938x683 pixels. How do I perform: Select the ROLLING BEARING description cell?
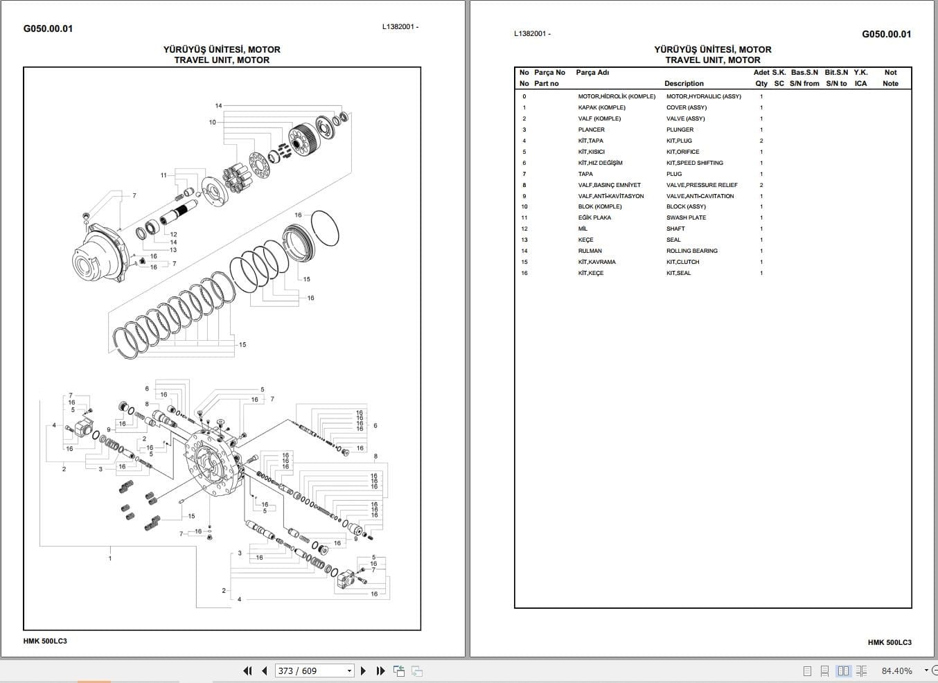coord(691,251)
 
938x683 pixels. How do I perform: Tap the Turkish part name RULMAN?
coord(590,251)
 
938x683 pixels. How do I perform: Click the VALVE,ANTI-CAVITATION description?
coord(700,196)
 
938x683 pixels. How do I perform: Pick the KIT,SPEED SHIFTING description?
coord(694,163)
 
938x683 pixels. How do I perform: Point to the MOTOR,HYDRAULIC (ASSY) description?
coord(703,96)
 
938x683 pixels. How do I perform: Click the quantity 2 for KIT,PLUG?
coord(761,141)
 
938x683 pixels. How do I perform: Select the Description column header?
coord(684,83)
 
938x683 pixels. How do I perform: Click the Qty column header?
coord(761,83)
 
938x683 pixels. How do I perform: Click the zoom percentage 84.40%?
coord(896,671)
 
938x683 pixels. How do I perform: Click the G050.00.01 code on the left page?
coord(48,28)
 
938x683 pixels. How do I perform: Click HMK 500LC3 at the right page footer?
coord(890,642)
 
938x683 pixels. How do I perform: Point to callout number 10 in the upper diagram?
coord(213,122)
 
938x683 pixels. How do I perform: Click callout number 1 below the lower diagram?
coord(109,558)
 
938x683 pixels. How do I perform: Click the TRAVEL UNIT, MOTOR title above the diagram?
coord(222,60)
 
